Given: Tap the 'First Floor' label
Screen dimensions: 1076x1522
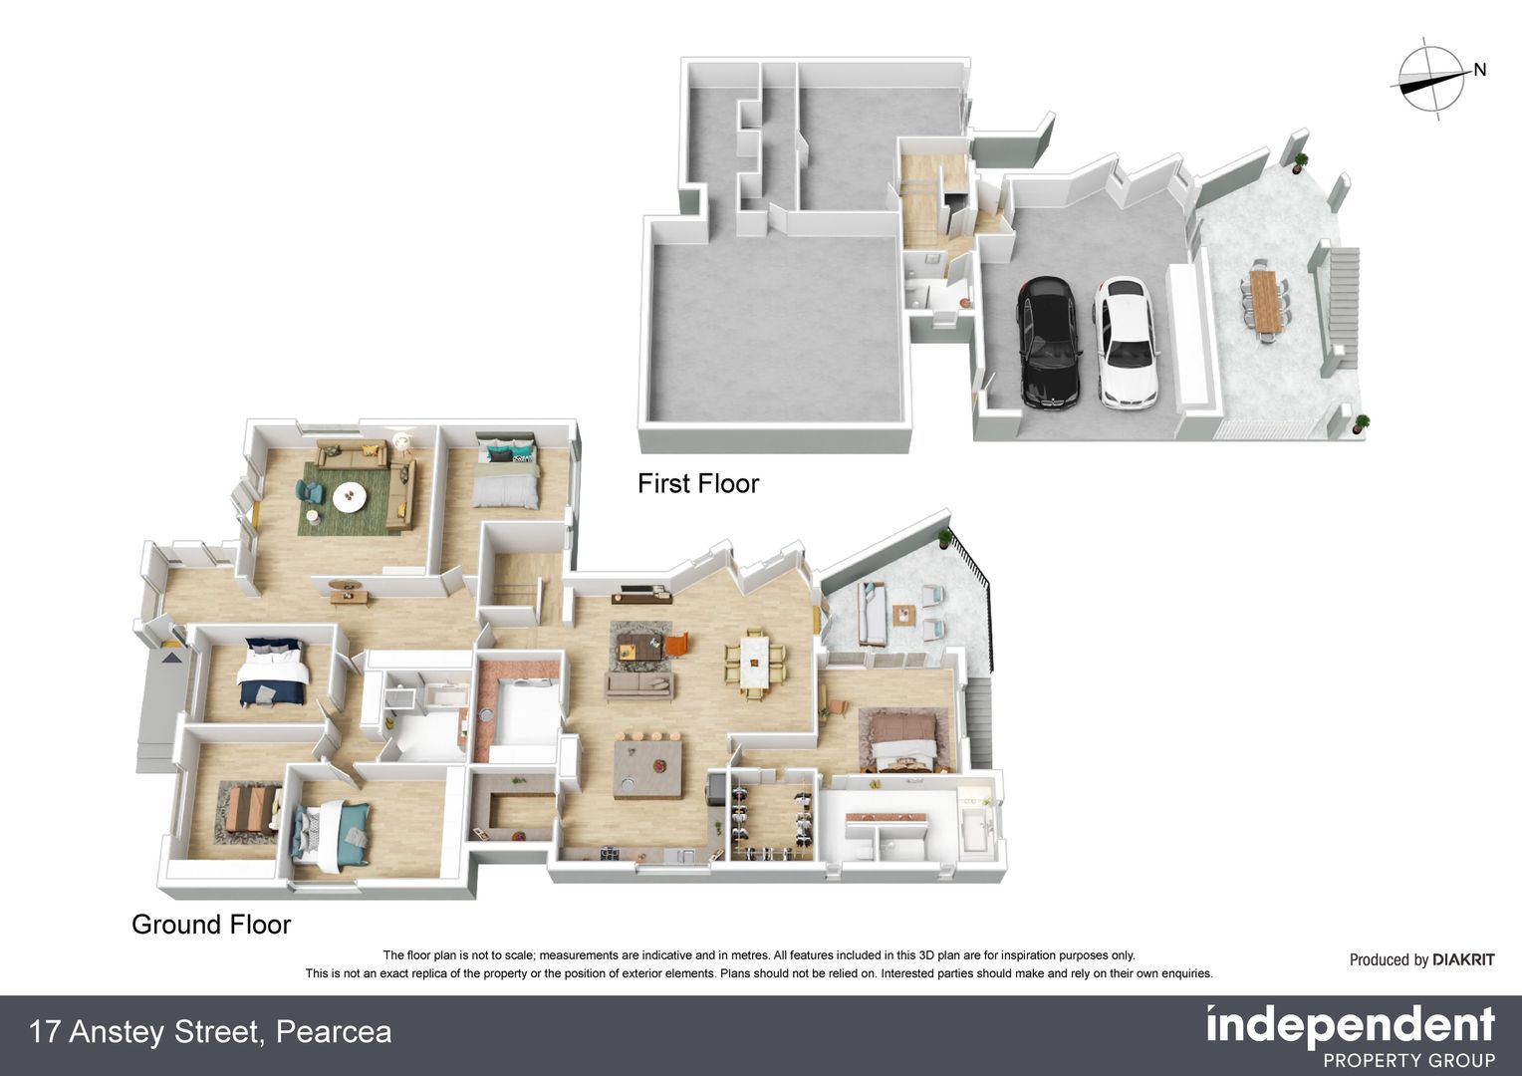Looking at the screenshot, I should click(x=698, y=484).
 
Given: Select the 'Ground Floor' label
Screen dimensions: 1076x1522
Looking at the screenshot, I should click(x=211, y=925).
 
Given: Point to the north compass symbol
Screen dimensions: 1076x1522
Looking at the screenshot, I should click(x=1434, y=83).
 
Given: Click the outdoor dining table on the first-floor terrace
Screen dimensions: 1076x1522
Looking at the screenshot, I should click(x=1266, y=301).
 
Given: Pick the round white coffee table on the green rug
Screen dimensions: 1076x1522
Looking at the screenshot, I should click(x=351, y=497).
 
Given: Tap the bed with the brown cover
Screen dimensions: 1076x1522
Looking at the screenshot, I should click(x=902, y=740).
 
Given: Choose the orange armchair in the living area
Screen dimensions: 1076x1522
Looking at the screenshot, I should click(x=677, y=645).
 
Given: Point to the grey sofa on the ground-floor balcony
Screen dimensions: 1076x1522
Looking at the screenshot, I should click(x=871, y=614).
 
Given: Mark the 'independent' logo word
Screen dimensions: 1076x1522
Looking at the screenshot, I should click(x=1350, y=1025).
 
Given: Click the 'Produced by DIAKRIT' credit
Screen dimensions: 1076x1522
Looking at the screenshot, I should click(x=1421, y=960).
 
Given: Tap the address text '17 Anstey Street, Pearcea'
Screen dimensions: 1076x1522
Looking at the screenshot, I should click(x=210, y=1032).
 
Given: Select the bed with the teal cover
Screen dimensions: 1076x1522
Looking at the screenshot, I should click(x=333, y=833).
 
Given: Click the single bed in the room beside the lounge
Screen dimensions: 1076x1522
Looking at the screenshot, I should click(x=507, y=475).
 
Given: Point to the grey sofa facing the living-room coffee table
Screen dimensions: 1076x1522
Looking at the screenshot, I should click(x=639, y=684).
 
